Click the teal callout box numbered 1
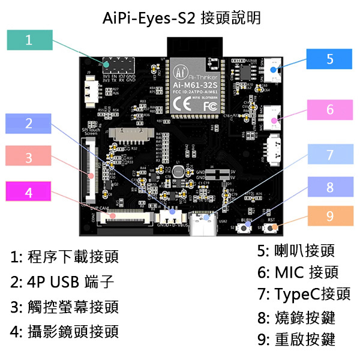29,40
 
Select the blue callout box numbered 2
29,124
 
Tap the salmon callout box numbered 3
29,158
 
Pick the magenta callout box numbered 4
29,193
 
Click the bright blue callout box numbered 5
329,59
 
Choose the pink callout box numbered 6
329,110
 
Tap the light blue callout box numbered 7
329,155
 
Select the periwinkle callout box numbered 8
329,187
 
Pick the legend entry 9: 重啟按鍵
296,339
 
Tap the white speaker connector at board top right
274,70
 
